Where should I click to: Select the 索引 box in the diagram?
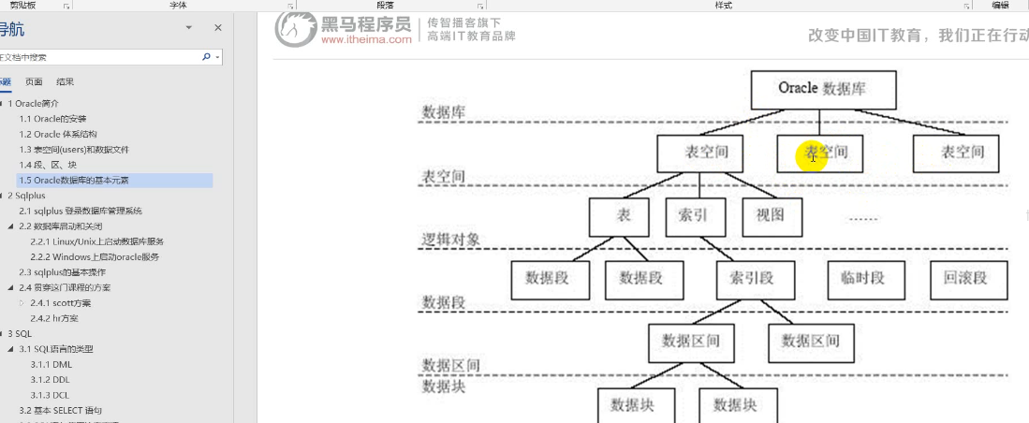694,216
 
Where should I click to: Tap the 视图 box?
771,216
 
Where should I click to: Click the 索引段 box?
755,278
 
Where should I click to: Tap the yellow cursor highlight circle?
812,155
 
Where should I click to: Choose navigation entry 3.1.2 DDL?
51,380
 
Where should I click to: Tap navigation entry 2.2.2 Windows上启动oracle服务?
95,256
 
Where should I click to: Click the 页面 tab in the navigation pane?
34,81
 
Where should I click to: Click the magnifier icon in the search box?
206,57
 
